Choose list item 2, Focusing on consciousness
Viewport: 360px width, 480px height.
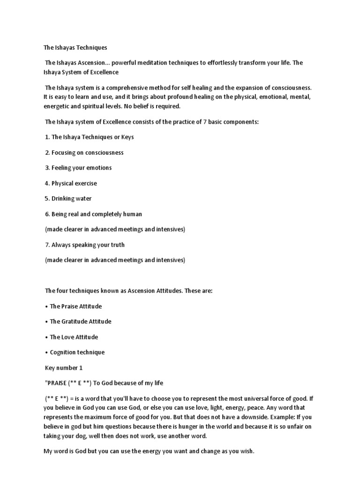tap(84, 152)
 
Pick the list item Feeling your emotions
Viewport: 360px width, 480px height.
tap(78, 168)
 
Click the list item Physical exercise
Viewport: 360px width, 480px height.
tap(71, 183)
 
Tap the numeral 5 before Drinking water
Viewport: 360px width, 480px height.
tap(47, 199)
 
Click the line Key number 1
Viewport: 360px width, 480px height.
tap(63, 368)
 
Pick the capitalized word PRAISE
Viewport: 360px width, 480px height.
tap(58, 383)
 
